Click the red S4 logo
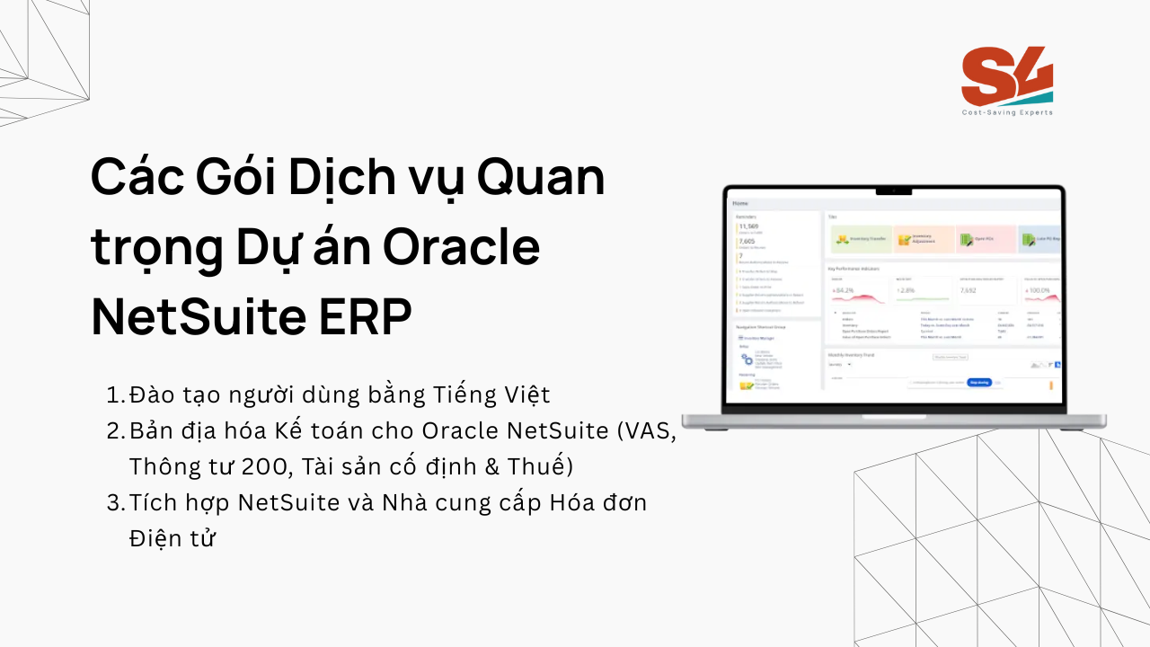coord(1006,76)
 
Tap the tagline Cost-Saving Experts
coord(1006,112)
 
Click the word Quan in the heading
coord(541,179)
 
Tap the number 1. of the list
coord(115,395)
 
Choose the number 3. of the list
coord(116,503)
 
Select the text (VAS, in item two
coord(647,431)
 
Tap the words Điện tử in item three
coord(172,539)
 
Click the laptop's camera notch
coord(894,191)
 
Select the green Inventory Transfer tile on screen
coord(861,239)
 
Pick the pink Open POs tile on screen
coord(985,239)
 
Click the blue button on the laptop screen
coord(978,382)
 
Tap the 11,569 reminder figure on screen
coord(749,226)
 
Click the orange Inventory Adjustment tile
coord(923,239)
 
